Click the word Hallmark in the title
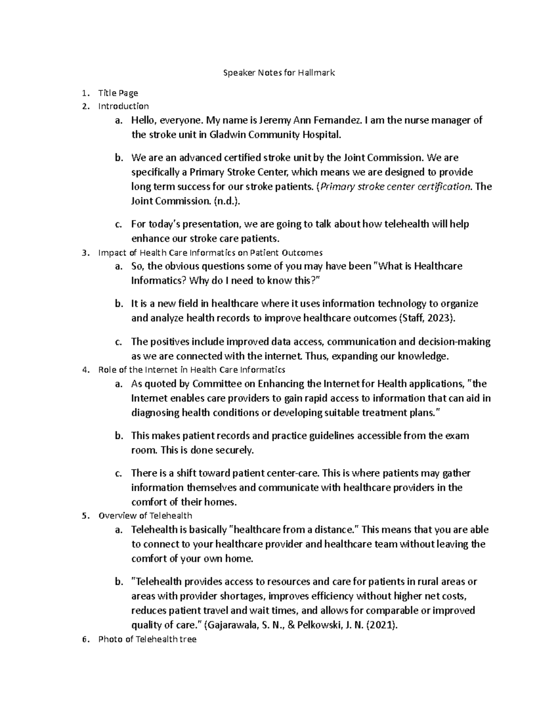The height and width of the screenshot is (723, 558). (318, 73)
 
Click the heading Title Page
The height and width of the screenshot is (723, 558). (118, 93)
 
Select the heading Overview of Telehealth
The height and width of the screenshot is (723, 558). (145, 515)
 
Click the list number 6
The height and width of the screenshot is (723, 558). (84, 639)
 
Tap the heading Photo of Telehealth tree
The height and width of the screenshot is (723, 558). (147, 639)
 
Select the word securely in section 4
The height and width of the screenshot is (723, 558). (237, 450)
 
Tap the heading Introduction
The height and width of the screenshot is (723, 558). (123, 106)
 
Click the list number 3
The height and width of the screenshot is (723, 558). (84, 253)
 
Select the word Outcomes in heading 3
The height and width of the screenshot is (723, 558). (305, 253)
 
